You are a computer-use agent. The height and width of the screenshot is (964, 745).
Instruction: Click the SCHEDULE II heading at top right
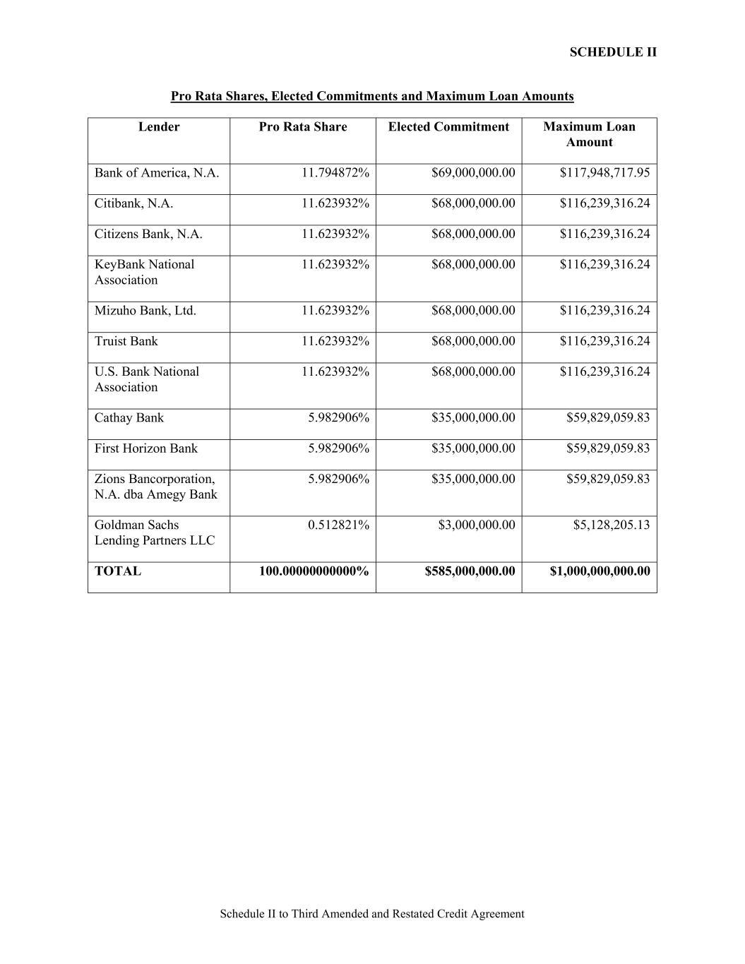pyautogui.click(x=612, y=52)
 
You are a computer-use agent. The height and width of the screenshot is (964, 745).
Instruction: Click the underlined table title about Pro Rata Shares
pyautogui.click(x=372, y=96)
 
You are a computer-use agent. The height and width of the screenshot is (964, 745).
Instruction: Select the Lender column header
pyautogui.click(x=159, y=127)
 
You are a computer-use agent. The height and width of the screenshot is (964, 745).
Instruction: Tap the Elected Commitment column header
pyautogui.click(x=448, y=127)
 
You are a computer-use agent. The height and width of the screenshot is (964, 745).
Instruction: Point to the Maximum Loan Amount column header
pyautogui.click(x=589, y=134)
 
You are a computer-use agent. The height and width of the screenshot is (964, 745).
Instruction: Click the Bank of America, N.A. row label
pyautogui.click(x=157, y=173)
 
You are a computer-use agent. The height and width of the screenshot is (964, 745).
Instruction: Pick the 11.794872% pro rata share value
pyautogui.click(x=335, y=173)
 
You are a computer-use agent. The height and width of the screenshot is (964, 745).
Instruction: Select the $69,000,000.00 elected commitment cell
pyautogui.click(x=473, y=173)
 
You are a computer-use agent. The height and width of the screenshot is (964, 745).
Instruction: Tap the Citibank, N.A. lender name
pyautogui.click(x=133, y=203)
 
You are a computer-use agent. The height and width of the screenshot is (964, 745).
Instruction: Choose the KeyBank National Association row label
pyautogui.click(x=144, y=272)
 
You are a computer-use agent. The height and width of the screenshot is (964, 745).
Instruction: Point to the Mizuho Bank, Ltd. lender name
pyautogui.click(x=145, y=311)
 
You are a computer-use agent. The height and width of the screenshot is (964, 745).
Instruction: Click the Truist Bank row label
pyautogui.click(x=126, y=341)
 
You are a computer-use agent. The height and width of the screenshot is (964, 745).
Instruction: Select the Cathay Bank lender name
pyautogui.click(x=129, y=417)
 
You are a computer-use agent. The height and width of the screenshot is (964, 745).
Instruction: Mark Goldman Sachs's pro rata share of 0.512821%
pyautogui.click(x=338, y=525)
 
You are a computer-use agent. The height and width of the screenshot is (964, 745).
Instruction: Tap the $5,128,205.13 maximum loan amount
pyautogui.click(x=608, y=525)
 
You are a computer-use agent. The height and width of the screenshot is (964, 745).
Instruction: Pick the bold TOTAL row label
pyautogui.click(x=118, y=571)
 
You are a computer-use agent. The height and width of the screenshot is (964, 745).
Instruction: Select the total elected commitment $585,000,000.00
pyautogui.click(x=470, y=571)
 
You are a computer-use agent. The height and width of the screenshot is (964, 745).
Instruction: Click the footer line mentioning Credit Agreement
pyautogui.click(x=372, y=914)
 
